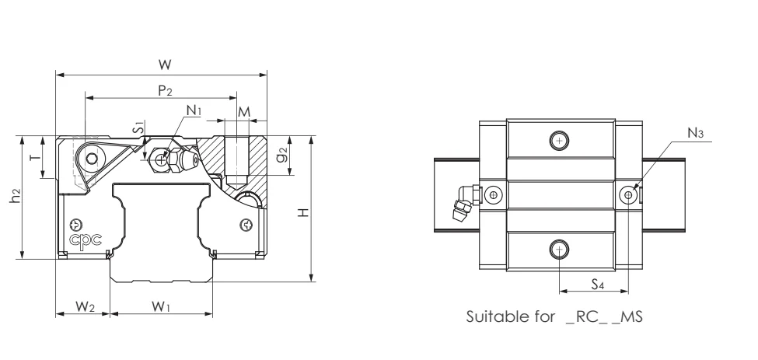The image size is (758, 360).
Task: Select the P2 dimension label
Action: coord(165,90)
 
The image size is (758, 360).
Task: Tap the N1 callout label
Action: coord(194,111)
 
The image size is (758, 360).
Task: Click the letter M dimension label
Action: coord(244,111)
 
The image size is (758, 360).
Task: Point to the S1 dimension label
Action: coord(138,127)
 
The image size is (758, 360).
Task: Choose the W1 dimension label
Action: coord(162,306)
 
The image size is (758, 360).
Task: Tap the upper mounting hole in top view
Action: coord(559,141)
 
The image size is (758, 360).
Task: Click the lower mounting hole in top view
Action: coord(559,249)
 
